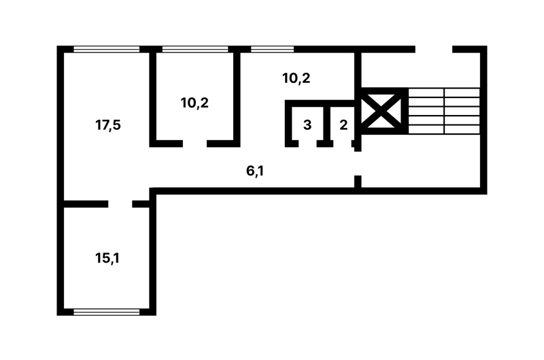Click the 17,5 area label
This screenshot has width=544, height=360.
pos(108,125)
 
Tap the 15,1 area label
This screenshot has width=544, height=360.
pos(107,258)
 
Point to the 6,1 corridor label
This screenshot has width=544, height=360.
pos(255,171)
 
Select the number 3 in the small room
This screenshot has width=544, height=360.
pos(307,125)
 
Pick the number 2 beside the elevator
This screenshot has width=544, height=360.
pos(343,125)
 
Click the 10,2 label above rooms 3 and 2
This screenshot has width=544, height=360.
pos(296,78)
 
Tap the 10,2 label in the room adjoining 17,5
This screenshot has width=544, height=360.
pos(194,103)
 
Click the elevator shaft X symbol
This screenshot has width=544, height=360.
pos(381,111)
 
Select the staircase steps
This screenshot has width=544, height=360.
pos(444,111)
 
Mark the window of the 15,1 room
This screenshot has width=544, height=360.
pos(107,312)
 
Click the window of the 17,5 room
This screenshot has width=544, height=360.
pos(107,49)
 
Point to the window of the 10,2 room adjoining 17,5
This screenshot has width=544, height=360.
pos(195,49)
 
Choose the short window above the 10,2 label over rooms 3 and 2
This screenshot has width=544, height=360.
pos(273,49)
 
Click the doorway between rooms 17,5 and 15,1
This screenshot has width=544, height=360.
pos(120,203)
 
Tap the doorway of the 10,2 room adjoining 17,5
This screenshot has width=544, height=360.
pos(194,144)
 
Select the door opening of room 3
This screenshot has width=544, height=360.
pos(307,144)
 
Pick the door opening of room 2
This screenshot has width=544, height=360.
pos(343,144)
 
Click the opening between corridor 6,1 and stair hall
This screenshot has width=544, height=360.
pos(358,163)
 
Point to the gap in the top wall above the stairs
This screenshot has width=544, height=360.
pos(434,49)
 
